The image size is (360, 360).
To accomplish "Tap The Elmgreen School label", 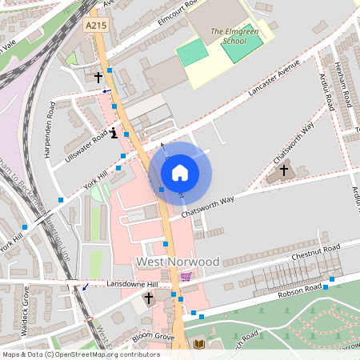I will coord(227,36).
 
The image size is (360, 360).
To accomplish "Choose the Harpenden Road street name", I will coord(50,129).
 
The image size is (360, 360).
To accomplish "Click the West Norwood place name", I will coord(177,262).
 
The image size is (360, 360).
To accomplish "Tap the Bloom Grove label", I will coord(153,337).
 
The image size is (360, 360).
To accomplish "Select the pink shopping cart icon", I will coord(186,277).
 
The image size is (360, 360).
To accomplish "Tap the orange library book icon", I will coord(199,344).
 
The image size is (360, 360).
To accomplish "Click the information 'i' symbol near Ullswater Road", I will coord(114,134).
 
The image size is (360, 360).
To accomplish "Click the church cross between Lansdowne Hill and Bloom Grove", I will coord(148,299).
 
